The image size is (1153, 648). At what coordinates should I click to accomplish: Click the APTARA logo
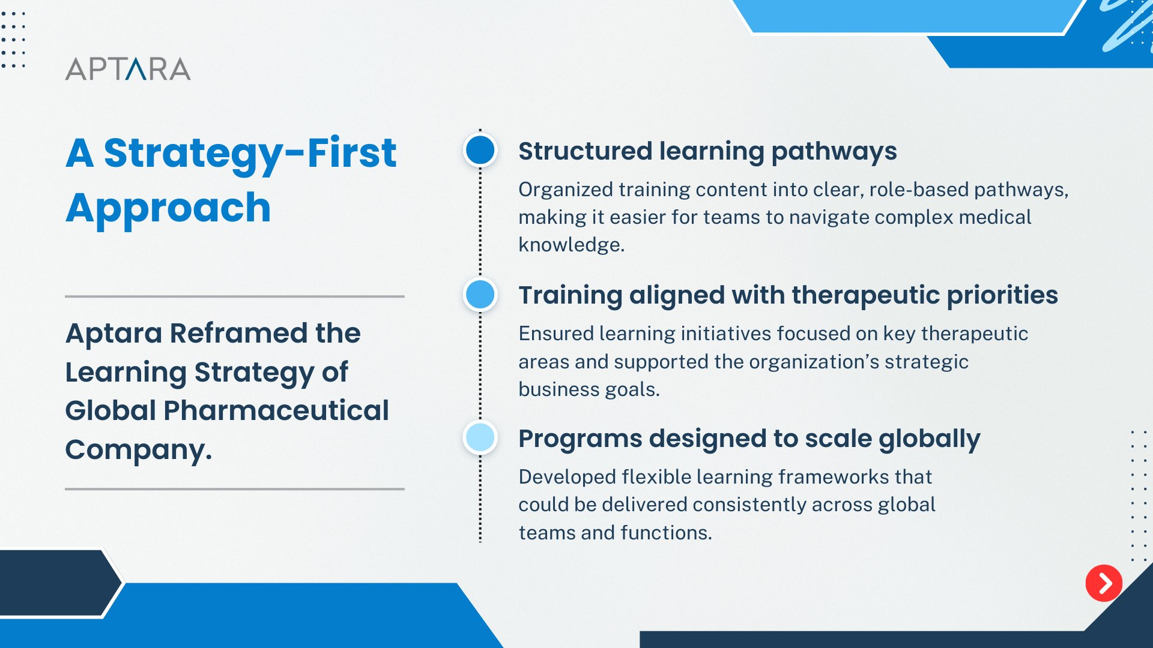click(128, 69)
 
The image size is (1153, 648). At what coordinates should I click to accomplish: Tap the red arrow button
click(1104, 583)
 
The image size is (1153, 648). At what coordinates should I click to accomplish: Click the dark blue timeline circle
click(480, 150)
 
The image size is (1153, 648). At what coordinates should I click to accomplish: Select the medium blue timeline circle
click(480, 295)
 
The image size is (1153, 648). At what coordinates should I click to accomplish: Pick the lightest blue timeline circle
click(480, 437)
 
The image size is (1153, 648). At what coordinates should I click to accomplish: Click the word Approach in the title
click(168, 209)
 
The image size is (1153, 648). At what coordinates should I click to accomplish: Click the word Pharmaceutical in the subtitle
click(276, 410)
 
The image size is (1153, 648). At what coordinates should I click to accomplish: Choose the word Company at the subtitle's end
click(138, 450)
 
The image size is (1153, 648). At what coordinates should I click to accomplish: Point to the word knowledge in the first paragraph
click(571, 245)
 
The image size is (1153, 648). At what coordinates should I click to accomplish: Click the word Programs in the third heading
click(580, 439)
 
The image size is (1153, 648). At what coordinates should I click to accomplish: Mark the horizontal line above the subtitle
click(235, 296)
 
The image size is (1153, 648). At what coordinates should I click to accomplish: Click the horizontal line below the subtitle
click(235, 489)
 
